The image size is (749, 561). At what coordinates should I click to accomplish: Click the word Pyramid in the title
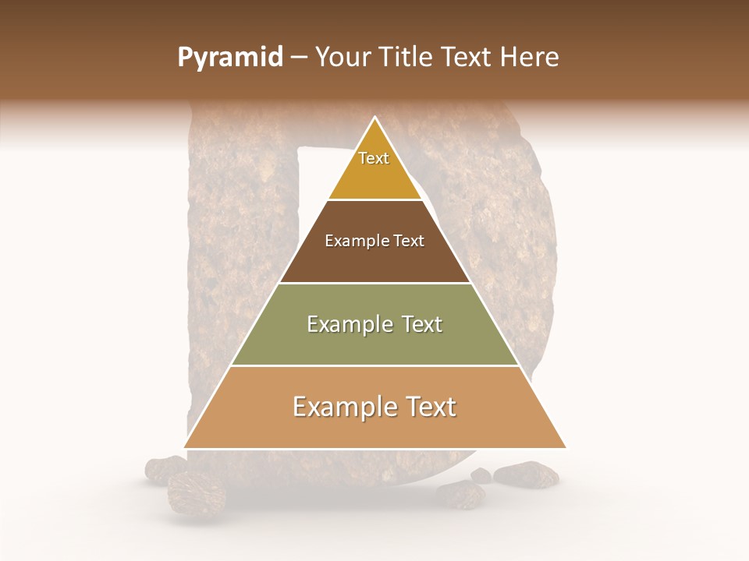click(230, 58)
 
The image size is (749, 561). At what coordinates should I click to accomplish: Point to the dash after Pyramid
click(298, 58)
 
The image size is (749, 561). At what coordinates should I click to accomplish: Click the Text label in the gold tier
click(374, 158)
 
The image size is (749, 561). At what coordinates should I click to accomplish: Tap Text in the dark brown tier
click(409, 241)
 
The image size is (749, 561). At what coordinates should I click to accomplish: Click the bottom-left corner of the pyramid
click(185, 447)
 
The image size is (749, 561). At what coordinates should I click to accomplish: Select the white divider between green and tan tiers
click(375, 365)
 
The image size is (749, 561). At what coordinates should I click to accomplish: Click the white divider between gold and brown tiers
click(375, 200)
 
